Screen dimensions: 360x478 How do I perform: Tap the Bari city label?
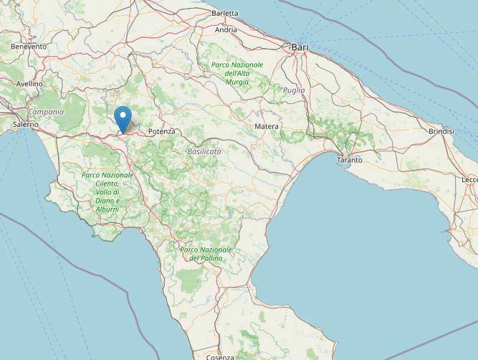(x=300, y=47)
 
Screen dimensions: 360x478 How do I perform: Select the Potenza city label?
(x=161, y=132)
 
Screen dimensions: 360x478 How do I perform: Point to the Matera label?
(x=267, y=127)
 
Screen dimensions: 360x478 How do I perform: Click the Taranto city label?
(x=349, y=160)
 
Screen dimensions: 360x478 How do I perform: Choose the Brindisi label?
(x=441, y=132)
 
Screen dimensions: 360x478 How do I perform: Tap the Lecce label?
(x=469, y=179)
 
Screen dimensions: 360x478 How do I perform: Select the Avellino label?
(x=29, y=84)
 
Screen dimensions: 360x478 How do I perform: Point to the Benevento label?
(x=29, y=47)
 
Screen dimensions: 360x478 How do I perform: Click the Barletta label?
(x=225, y=13)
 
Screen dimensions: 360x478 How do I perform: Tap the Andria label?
(x=226, y=30)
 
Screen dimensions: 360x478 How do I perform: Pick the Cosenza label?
(x=219, y=356)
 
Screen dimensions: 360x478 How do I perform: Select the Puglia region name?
(x=294, y=90)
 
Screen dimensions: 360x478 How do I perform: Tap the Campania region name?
(x=46, y=112)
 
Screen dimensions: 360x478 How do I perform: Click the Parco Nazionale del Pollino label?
(x=201, y=253)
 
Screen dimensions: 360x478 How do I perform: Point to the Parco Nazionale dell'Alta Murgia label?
(x=237, y=73)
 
